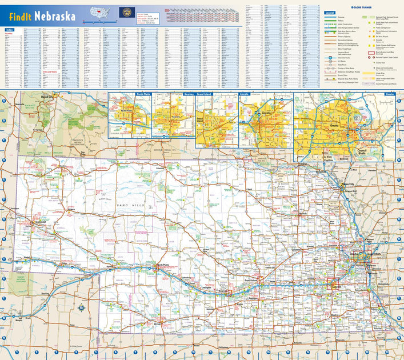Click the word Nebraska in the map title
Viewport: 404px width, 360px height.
click(x=55, y=16)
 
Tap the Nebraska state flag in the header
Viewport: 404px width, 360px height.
click(x=125, y=12)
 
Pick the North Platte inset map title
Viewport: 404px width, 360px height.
click(x=142, y=94)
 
